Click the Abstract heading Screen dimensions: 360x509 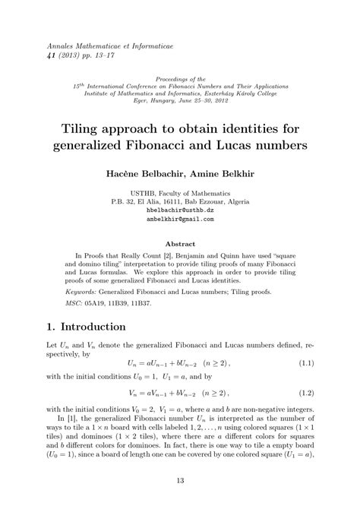point(180,245)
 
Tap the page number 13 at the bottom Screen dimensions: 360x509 point(180,480)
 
